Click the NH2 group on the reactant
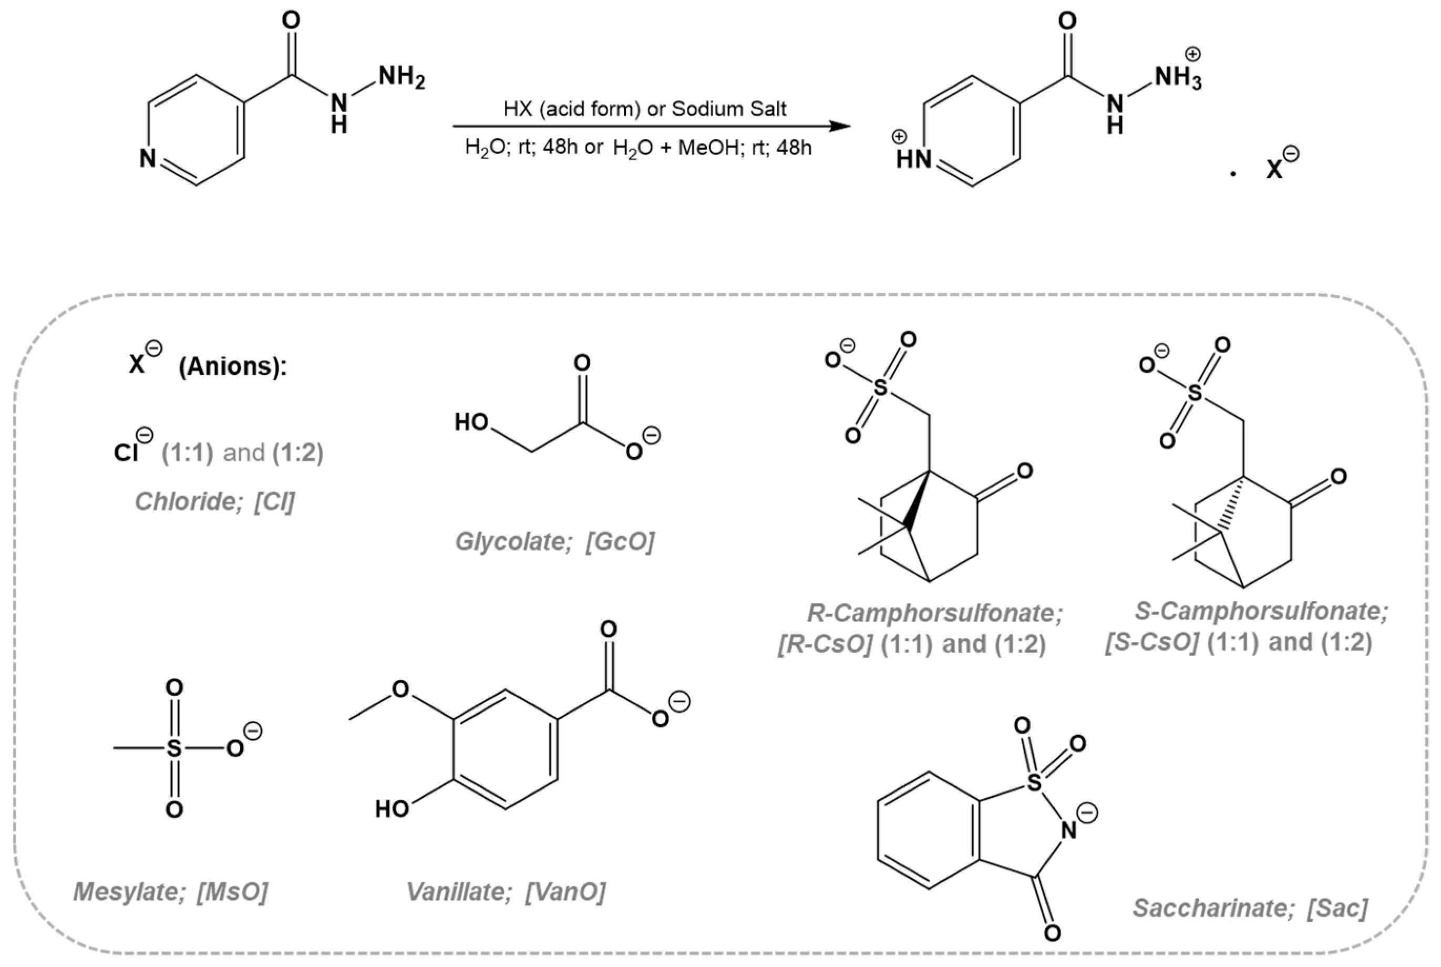pos(401,78)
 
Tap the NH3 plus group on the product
pos(1177,78)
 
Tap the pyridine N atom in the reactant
pos(147,159)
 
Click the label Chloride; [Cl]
pos(214,501)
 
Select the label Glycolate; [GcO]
pos(554,541)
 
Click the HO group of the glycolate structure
pos(472,423)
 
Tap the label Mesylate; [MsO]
pos(171,892)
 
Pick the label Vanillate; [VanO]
pos(506,892)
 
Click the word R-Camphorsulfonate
pos(935,613)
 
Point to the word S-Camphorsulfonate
pos(1261,611)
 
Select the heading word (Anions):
pos(233,366)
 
